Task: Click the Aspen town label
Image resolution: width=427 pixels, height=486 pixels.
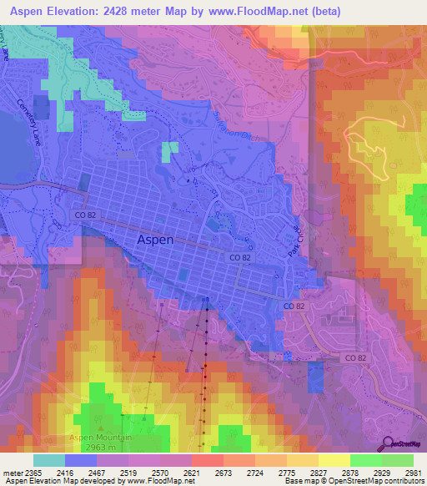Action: point(154,240)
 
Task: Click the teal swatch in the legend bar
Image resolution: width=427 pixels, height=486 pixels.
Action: point(49,460)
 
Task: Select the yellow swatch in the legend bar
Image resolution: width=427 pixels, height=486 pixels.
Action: point(334,460)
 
